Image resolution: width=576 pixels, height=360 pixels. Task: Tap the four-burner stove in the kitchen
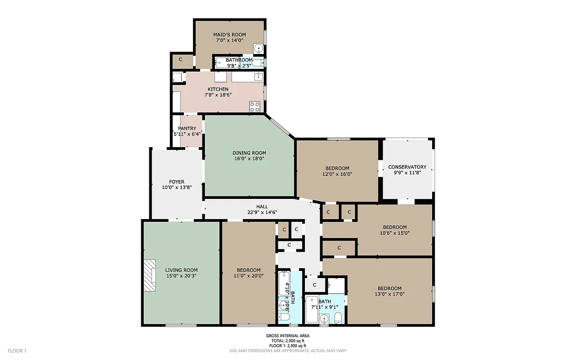[x=255, y=107]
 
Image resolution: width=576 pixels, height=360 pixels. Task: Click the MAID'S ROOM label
[x=229, y=34]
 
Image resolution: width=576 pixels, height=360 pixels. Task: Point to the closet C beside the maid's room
[x=180, y=59]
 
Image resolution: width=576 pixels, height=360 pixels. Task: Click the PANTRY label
[x=187, y=129]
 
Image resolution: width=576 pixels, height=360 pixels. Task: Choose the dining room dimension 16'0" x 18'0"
[x=249, y=158]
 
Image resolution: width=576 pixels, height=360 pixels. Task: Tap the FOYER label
[x=177, y=182]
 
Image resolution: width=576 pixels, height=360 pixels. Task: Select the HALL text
[x=262, y=207]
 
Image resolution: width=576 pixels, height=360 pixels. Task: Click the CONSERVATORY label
[x=407, y=167]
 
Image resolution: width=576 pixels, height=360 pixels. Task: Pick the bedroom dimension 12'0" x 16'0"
[x=337, y=174]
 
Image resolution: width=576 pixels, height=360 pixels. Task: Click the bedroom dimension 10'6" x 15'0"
[x=394, y=233]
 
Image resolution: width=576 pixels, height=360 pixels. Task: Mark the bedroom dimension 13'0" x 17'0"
[x=389, y=294]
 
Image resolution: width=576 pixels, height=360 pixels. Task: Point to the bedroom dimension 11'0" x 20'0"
[x=249, y=276]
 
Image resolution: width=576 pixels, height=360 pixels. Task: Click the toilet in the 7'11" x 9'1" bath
[x=338, y=319]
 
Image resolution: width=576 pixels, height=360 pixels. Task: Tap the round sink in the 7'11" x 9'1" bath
[x=324, y=319]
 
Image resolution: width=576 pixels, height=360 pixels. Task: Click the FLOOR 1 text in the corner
[x=18, y=351]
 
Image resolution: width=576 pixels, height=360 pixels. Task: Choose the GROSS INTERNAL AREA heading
[x=287, y=336]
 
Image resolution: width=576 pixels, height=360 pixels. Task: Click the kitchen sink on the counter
[x=259, y=77]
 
